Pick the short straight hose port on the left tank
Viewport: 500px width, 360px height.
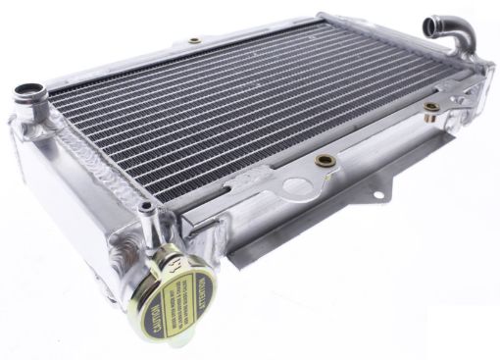click(29, 99)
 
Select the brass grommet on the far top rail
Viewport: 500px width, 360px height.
click(194, 41)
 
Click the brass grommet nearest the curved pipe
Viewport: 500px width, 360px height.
click(430, 106)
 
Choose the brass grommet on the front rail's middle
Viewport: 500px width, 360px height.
click(326, 160)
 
